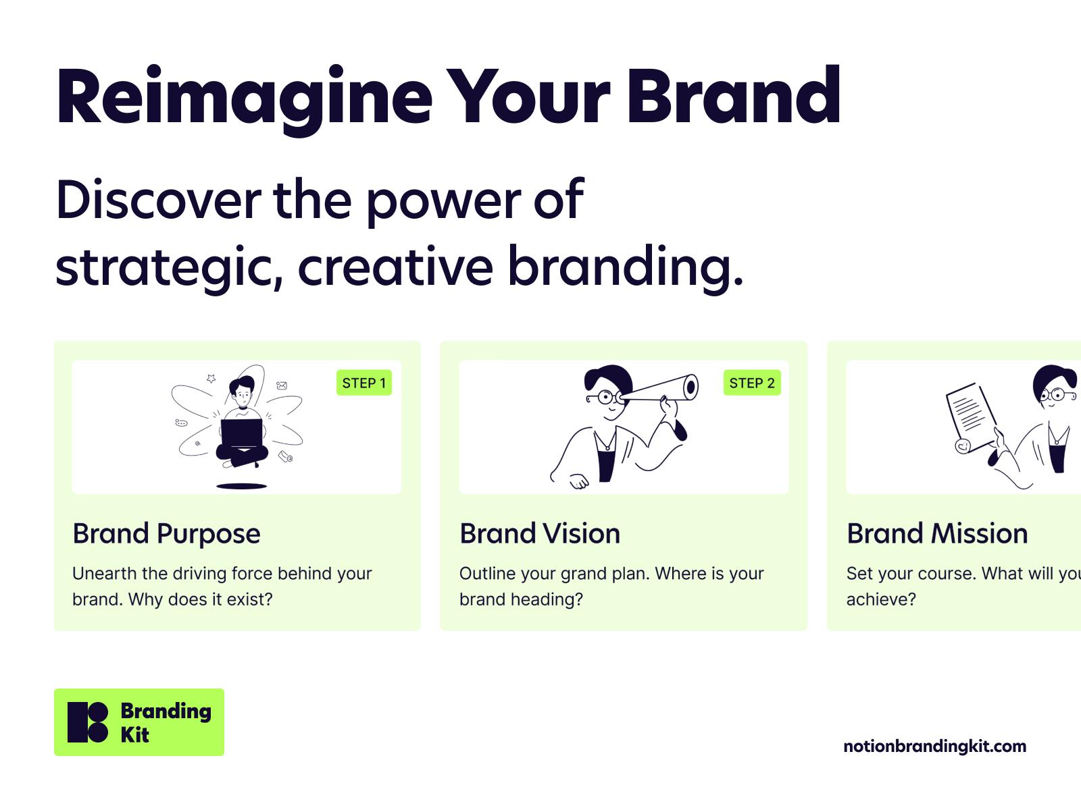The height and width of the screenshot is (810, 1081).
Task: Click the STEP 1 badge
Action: (364, 383)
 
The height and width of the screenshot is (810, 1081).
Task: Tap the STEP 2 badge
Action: (752, 383)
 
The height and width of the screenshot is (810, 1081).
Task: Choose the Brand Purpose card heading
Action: (166, 534)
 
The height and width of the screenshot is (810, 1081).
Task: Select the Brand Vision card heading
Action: (540, 534)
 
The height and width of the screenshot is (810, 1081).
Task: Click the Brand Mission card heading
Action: (937, 534)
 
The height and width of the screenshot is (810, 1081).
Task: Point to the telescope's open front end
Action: (691, 387)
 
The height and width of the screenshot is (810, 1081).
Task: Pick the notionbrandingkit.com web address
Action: (935, 746)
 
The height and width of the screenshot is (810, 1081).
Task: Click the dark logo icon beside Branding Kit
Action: (88, 722)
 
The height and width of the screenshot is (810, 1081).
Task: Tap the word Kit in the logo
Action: (134, 735)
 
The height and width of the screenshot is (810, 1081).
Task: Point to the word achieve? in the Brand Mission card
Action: (881, 599)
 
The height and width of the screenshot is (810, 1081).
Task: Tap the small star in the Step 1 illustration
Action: (211, 378)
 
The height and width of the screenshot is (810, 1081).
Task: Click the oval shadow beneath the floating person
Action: (242, 486)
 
